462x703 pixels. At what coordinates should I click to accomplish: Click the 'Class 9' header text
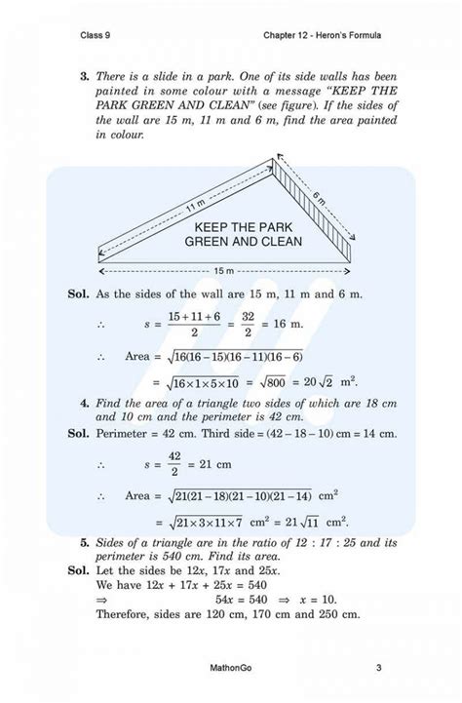(x=100, y=36)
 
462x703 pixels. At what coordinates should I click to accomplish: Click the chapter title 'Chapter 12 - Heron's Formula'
(x=322, y=36)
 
